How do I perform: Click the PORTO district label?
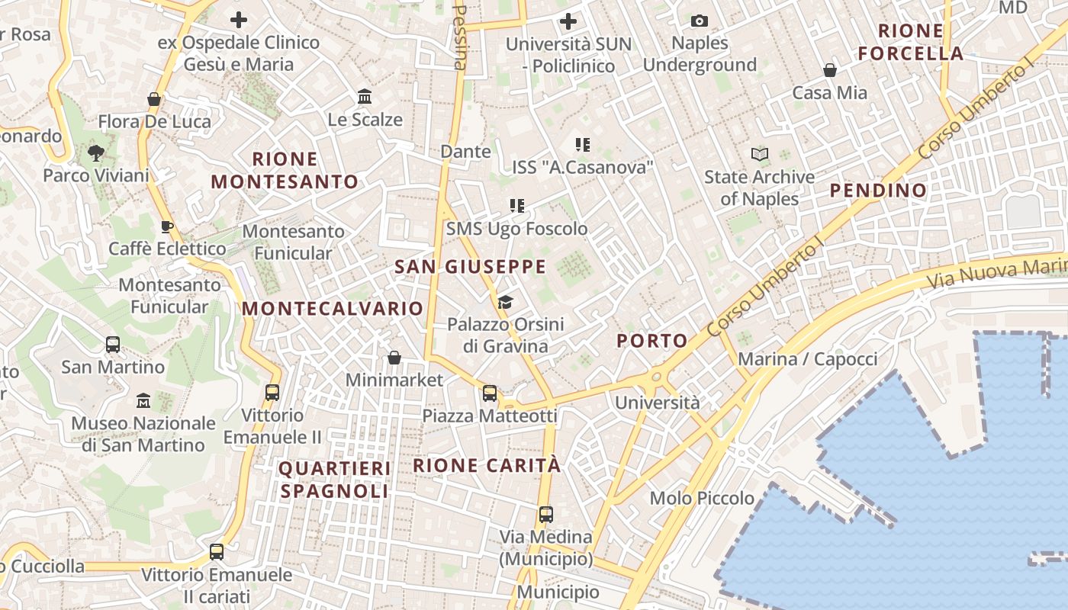coord(652,341)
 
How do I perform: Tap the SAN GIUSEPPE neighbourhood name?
coord(470,267)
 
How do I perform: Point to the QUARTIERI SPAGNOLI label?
coord(335,480)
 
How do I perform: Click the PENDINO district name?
coord(878,191)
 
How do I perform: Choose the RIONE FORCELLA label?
coord(910,42)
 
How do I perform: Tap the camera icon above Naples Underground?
coord(699,21)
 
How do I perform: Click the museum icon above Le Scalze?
coord(365,97)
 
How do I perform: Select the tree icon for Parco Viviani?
coord(95,152)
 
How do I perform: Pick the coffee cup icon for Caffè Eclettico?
coord(167,226)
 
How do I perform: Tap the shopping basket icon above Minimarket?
coord(394,358)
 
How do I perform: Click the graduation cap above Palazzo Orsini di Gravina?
coord(505,302)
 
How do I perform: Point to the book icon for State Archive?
coord(759,155)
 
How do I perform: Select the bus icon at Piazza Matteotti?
coord(490,393)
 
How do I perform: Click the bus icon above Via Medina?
coord(546,514)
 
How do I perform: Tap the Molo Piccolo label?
coord(702,499)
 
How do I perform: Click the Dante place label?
coord(465,152)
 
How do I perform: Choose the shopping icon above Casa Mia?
coord(830,71)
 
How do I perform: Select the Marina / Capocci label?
coord(808,359)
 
